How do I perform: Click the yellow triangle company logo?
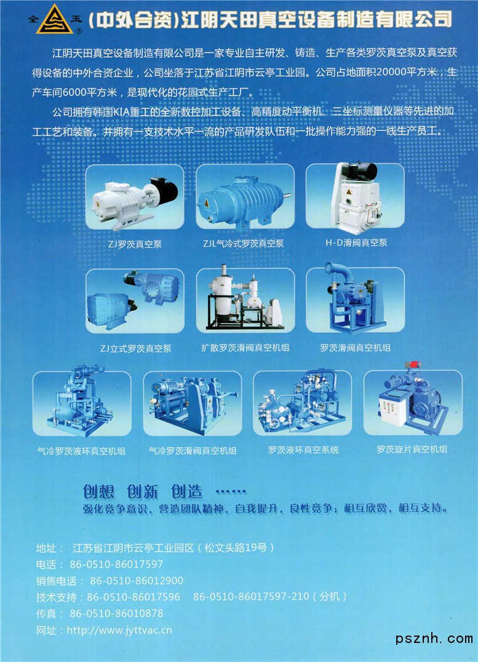(54, 20)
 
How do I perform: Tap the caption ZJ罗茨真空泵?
(135, 244)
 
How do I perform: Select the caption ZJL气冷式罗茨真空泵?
(243, 244)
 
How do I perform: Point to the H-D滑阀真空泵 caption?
(356, 243)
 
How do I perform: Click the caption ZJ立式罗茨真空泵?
(135, 348)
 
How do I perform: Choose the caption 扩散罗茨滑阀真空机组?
(245, 348)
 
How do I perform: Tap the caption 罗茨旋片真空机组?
(412, 449)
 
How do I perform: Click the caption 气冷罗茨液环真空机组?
(81, 451)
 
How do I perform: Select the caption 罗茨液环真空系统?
(303, 450)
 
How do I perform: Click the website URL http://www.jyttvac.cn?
(119, 631)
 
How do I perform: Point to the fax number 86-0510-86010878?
(116, 613)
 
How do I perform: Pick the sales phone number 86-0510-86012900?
(137, 581)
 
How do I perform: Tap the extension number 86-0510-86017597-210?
(251, 597)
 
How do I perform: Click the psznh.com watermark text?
(434, 639)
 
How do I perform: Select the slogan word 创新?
(143, 492)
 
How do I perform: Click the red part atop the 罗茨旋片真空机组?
(413, 365)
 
